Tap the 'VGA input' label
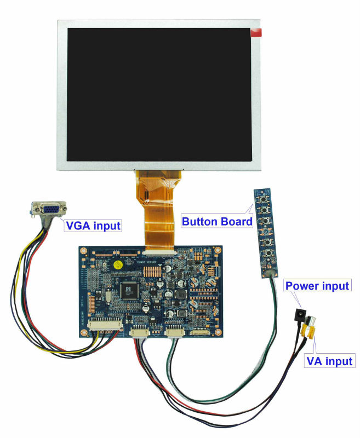click(x=93, y=224)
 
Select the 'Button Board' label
click(x=216, y=222)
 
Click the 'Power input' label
click(x=317, y=286)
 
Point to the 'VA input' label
click(x=328, y=361)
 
